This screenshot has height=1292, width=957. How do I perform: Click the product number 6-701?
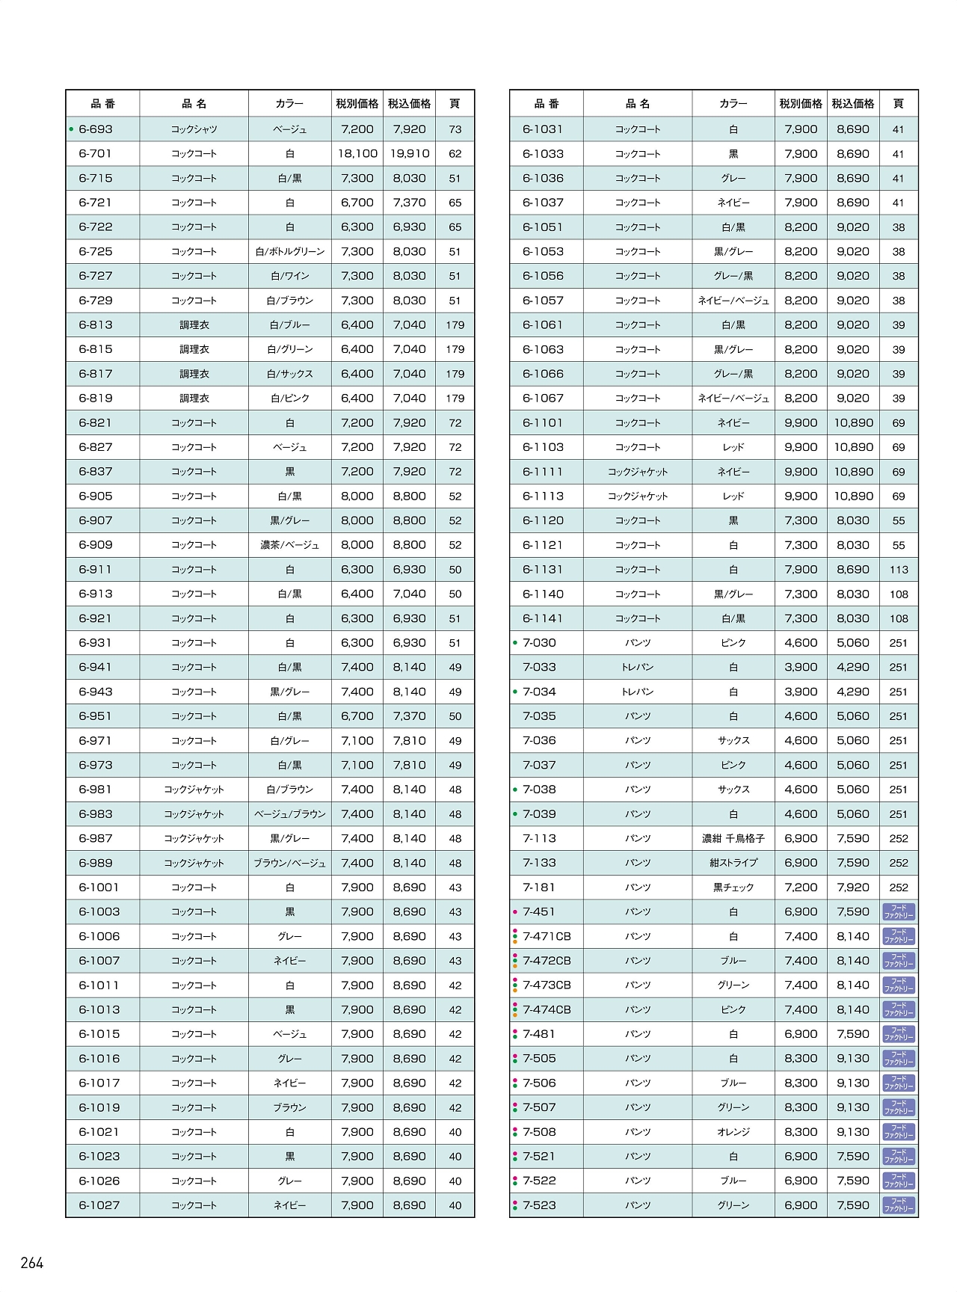coord(95,154)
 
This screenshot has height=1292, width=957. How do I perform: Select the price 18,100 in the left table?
coord(357,154)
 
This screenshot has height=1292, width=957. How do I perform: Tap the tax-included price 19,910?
coord(410,154)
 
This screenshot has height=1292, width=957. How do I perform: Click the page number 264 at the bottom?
coord(32,1263)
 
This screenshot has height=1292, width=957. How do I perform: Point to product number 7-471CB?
coord(547,936)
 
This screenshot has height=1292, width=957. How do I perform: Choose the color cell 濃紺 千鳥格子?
coord(733,838)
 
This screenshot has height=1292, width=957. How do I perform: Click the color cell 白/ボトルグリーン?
coord(290,252)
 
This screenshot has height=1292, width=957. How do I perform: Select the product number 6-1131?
coord(543,570)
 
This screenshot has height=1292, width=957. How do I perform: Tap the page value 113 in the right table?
coord(899,570)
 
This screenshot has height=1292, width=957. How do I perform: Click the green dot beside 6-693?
coord(71,129)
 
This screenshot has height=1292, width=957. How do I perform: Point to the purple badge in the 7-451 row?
coord(899,912)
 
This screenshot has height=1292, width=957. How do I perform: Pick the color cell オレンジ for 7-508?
coord(733,1132)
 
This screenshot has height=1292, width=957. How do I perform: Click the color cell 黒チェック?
coord(733,888)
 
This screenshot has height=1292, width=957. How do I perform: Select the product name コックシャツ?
coord(194,129)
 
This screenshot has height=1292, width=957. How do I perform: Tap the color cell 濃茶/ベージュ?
coord(290,545)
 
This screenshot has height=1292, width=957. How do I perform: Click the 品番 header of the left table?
coord(103,104)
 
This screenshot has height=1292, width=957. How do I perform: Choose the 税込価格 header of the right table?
coord(853,104)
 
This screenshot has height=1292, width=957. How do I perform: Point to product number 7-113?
coord(539,838)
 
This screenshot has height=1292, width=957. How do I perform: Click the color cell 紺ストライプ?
coord(733,863)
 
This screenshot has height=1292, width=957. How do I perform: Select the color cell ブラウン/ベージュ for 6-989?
coord(290,863)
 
